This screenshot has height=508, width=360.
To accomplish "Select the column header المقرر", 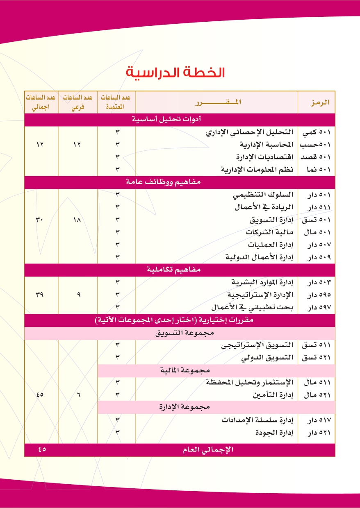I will pyautogui.click(x=216, y=102).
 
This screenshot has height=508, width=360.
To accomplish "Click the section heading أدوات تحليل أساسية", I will pyautogui.click(x=166, y=120).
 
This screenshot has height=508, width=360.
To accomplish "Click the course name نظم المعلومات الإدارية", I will pyautogui.click(x=257, y=170).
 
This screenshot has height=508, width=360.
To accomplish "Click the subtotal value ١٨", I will pyautogui.click(x=78, y=220).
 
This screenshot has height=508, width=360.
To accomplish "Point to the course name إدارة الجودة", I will pyautogui.click(x=275, y=433).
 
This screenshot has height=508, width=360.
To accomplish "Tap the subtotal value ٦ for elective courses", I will pyautogui.click(x=78, y=395).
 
